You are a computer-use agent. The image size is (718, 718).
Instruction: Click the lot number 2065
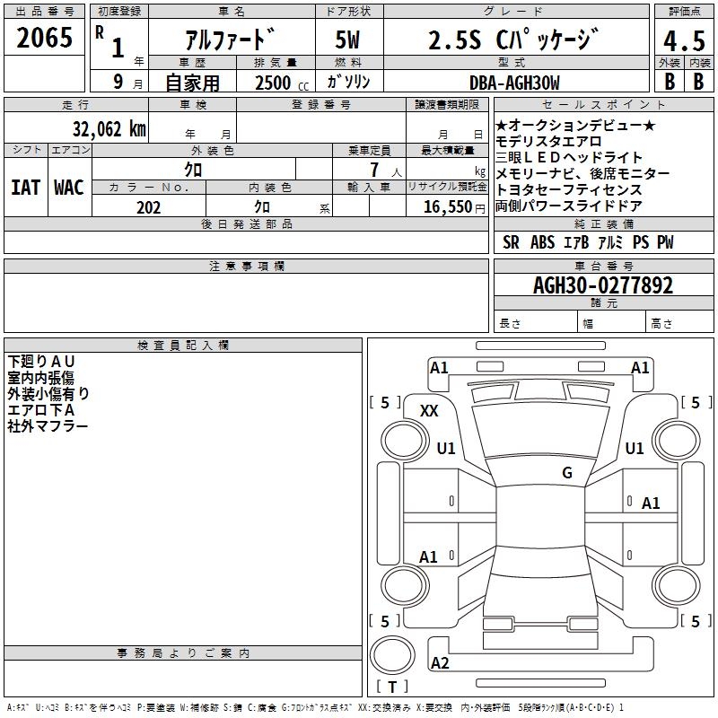[x=44, y=38]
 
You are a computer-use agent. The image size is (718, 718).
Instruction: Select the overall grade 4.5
[x=684, y=40]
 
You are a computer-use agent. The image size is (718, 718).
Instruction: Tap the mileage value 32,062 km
[x=109, y=129]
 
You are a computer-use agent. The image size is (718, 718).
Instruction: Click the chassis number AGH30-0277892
[x=603, y=285]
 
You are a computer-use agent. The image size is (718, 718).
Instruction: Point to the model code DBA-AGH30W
[x=514, y=83]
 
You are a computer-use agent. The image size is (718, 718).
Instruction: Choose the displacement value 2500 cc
[x=282, y=83]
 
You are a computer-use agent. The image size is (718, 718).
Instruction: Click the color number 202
[x=148, y=207]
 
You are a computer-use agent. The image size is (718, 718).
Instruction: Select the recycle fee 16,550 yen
[x=454, y=207]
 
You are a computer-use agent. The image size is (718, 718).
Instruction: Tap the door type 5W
[x=347, y=39]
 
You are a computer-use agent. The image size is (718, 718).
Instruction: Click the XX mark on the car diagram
[x=429, y=411]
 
